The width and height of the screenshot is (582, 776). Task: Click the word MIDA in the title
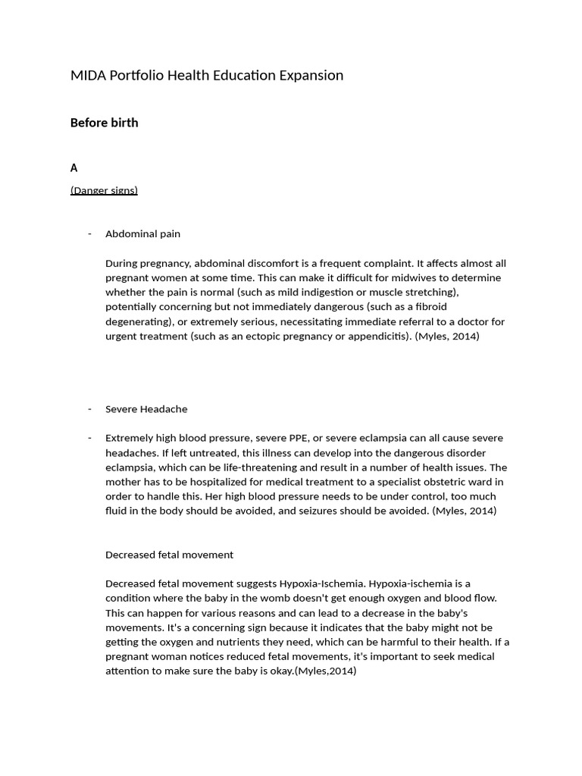87,75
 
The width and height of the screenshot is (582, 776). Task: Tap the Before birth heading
105,123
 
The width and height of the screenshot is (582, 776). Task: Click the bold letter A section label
74,167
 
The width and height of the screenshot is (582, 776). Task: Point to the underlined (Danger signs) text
104,190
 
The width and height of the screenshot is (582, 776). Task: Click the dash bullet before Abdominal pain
90,233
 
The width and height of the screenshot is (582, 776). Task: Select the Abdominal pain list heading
142,234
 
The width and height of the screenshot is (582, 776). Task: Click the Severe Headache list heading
146,409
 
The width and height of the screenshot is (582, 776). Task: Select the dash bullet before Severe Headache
90,408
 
